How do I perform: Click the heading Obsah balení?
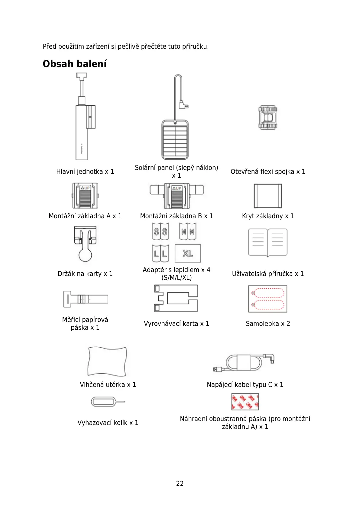tap(75, 64)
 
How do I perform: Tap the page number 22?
tap(180, 483)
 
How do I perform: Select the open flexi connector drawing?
tap(268, 118)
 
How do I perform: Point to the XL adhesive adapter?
tap(188, 253)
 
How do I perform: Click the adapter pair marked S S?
tap(161, 232)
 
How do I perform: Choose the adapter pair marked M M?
tap(188, 232)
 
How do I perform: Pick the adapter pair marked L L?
tap(161, 253)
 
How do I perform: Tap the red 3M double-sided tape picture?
tap(245, 401)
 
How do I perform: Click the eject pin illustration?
tap(107, 402)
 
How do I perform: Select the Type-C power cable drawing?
tap(244, 363)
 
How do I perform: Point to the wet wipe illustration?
tap(107, 361)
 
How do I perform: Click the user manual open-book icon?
tap(268, 242)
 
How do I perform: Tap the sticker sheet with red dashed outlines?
tap(268, 299)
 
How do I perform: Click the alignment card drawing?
tap(176, 298)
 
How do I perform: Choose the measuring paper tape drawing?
tap(85, 299)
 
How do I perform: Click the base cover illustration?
tap(268, 196)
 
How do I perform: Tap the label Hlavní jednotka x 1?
tap(85, 172)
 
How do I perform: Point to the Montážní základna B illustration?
tap(177, 196)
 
